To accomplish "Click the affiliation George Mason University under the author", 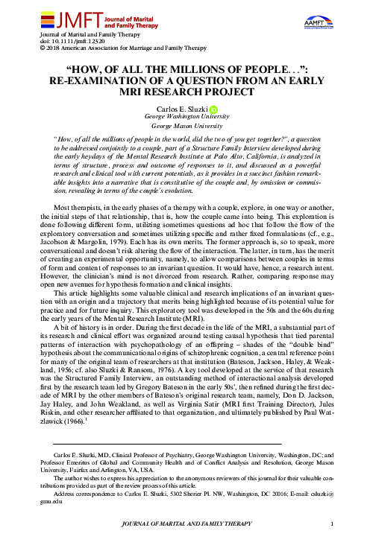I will click(x=188, y=127).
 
